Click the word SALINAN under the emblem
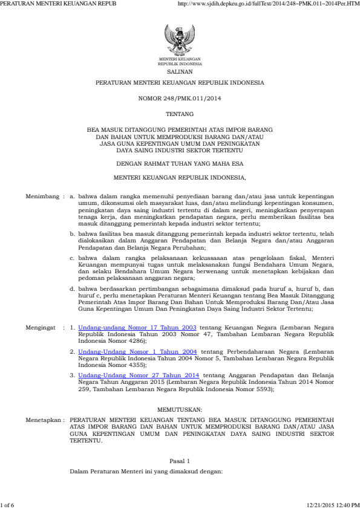pyautogui.click(x=180, y=70)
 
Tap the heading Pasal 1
pyautogui.click(x=180, y=461)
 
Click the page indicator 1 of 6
pyautogui.click(x=8, y=504)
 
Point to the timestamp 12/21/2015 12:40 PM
pyautogui.click(x=333, y=504)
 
